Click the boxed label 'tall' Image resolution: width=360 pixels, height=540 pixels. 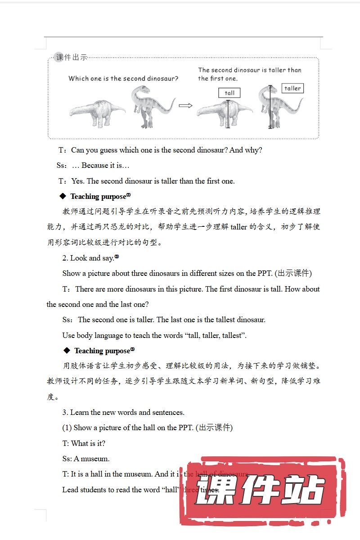(229, 93)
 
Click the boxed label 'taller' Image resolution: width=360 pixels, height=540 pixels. (292, 88)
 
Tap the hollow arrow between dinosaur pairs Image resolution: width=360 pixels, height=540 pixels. (185, 106)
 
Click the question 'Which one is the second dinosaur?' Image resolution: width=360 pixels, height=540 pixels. (123, 78)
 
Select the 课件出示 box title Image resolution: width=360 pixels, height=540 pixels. (72, 57)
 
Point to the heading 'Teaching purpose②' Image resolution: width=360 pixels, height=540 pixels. (100, 196)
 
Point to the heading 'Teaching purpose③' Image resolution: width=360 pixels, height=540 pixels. (104, 351)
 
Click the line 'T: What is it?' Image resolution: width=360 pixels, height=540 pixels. (84, 443)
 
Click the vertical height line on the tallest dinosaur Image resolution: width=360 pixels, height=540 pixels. (270, 107)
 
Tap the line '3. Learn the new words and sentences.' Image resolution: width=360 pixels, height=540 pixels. (123, 412)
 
